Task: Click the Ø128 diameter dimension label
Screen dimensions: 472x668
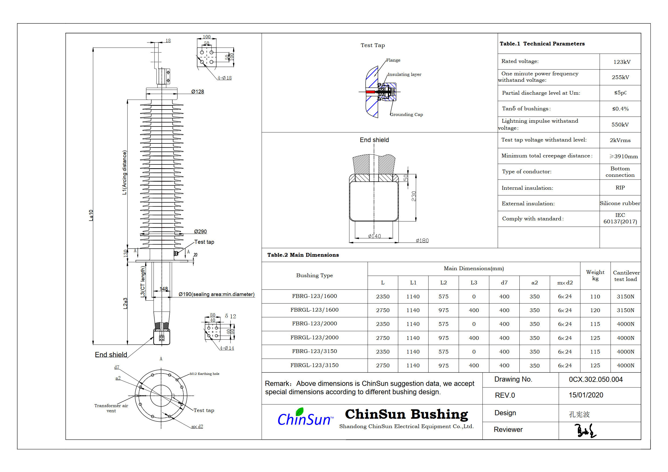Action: (x=198, y=91)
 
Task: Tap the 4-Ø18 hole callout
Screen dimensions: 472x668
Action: (x=225, y=78)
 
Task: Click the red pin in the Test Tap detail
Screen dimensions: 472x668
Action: (x=370, y=92)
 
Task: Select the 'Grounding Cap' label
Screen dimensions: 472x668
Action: (x=407, y=115)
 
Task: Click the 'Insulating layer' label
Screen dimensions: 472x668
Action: (x=404, y=75)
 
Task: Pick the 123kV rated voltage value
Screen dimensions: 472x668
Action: (x=622, y=62)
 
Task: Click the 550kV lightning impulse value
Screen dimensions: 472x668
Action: (x=620, y=125)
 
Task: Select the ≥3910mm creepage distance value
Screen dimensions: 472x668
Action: (x=623, y=156)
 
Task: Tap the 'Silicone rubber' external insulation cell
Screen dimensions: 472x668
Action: (x=620, y=203)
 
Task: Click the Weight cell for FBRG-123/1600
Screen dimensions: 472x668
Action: (x=595, y=296)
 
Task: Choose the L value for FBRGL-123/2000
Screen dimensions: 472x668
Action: (x=383, y=338)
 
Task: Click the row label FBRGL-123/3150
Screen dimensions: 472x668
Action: (x=314, y=365)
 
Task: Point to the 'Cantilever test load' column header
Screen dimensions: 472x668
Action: (x=626, y=276)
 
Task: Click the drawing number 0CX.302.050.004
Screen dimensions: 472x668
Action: (x=596, y=379)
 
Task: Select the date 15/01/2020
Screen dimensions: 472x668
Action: (x=586, y=395)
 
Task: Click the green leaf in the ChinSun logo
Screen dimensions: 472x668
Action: (x=299, y=411)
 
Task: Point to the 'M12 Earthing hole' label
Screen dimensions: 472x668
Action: (x=204, y=374)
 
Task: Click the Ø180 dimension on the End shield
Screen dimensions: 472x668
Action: (x=422, y=241)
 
